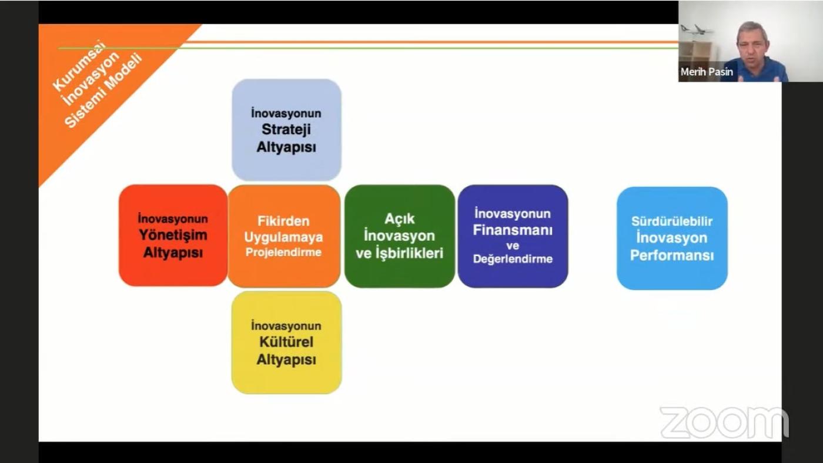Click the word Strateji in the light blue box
point(286,130)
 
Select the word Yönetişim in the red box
point(173,236)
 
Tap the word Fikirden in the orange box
point(283,221)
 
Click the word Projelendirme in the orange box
point(283,252)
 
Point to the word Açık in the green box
point(399,219)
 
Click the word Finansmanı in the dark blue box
point(513,230)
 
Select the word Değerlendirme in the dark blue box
point(513,259)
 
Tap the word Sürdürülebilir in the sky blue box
point(671,221)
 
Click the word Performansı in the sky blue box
point(672,255)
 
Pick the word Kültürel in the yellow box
point(286,342)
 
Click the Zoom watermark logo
point(724,422)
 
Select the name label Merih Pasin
point(707,72)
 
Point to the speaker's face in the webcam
point(752,43)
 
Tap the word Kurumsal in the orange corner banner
point(79,66)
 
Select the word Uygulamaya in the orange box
point(283,237)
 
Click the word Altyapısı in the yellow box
point(286,360)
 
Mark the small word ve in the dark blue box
point(513,246)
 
